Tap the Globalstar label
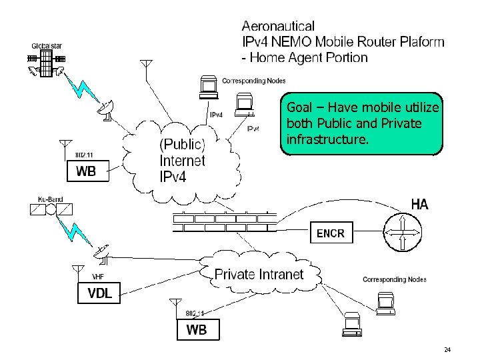46,46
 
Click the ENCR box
330,233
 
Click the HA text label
419,205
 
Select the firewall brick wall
224,221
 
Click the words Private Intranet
259,274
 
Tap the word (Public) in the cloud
182,145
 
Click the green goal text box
362,124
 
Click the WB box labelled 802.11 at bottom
196,329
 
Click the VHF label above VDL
97,277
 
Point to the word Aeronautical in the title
278,26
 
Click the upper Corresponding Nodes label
253,81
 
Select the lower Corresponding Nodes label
394,279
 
